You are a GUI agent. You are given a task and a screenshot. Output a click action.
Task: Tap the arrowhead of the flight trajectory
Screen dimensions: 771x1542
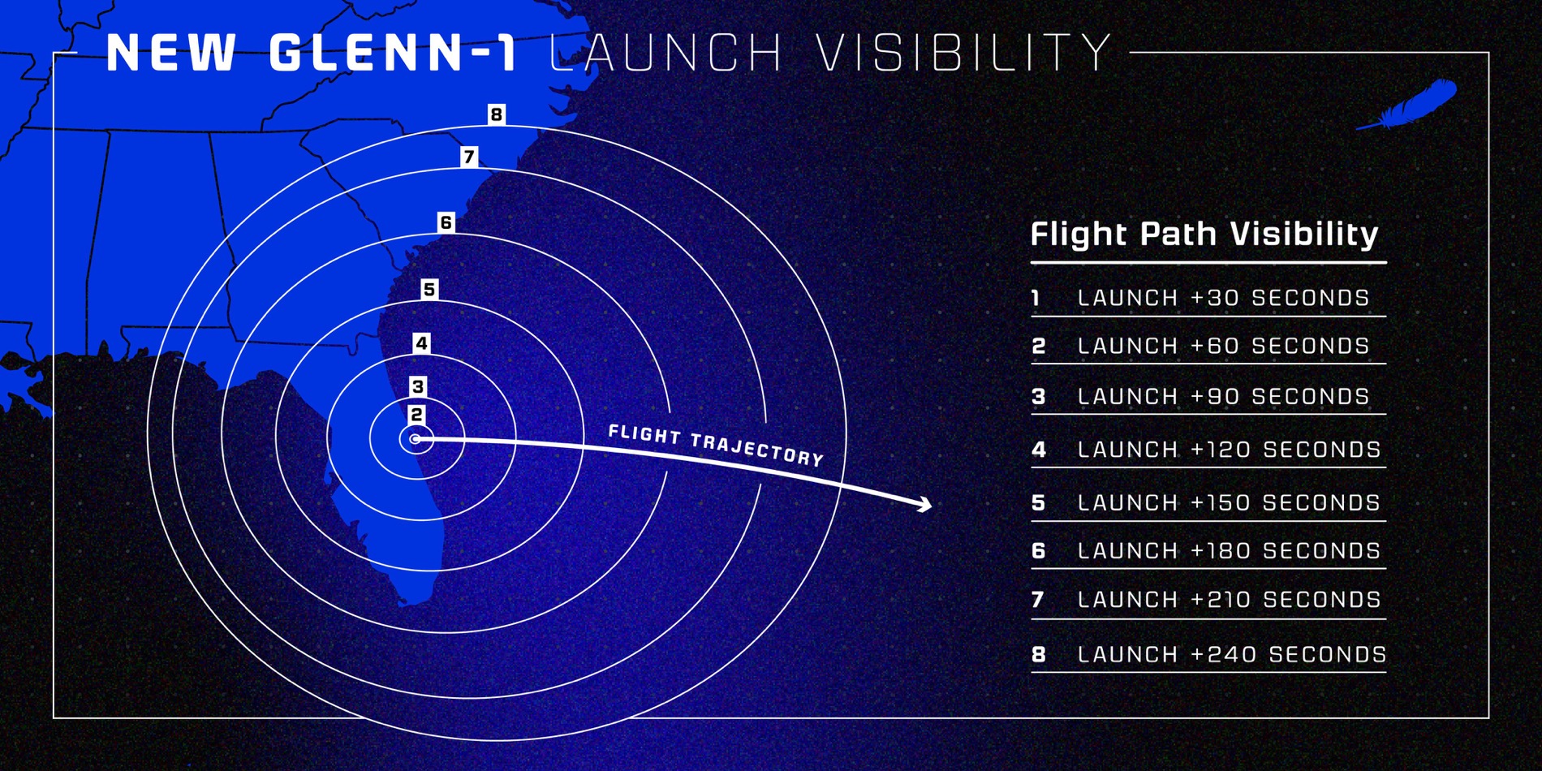point(925,505)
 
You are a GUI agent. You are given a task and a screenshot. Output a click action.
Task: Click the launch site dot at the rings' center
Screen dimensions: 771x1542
point(416,439)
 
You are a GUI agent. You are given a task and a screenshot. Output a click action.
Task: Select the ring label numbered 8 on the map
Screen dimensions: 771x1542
point(496,114)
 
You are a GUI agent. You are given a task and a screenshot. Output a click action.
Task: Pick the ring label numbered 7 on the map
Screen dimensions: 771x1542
point(468,157)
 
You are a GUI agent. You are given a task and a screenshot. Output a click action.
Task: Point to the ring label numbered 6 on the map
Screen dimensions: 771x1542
point(446,222)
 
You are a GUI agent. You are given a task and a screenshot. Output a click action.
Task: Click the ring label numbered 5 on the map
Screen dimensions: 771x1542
point(429,289)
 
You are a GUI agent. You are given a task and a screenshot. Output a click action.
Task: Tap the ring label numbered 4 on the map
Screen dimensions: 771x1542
point(421,343)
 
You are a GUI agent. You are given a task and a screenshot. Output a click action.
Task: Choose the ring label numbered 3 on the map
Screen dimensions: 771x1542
point(418,386)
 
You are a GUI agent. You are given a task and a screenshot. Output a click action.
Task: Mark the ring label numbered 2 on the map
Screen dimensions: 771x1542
point(416,415)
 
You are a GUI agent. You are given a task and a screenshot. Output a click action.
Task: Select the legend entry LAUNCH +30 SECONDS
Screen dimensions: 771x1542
point(1223,298)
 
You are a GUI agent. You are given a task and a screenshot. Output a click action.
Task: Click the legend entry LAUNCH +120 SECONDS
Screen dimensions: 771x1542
point(1229,450)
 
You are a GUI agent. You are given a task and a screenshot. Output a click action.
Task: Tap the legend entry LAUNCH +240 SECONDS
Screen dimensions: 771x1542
point(1232,654)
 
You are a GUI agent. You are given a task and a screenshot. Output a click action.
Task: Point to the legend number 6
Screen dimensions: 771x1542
point(1039,551)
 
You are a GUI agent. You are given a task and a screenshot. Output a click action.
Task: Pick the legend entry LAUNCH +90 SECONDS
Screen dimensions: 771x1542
point(1223,397)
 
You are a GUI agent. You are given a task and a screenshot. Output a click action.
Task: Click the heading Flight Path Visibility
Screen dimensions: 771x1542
point(1204,235)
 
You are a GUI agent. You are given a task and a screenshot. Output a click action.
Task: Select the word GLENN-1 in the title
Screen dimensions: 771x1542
point(393,54)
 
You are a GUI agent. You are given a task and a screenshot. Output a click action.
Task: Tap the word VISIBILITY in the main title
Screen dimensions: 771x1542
point(963,54)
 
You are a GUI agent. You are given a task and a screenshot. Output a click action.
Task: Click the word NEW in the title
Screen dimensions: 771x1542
point(171,54)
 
